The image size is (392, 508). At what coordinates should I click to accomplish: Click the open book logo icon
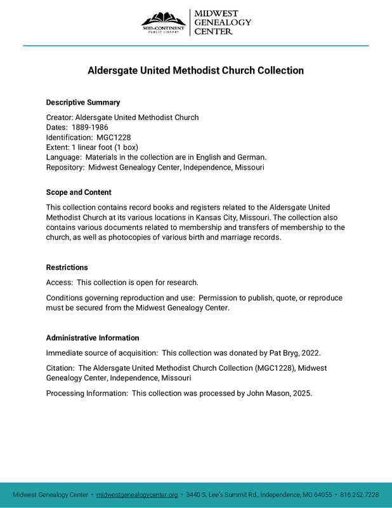pos(163,18)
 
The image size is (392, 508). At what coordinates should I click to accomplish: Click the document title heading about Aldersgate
pos(195,70)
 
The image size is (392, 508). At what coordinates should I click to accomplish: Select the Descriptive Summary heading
pos(83,102)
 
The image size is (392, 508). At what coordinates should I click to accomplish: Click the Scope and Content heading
pos(79,192)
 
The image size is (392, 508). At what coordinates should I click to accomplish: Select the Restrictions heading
pos(67,267)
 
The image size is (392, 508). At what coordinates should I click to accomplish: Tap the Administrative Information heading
pos(93,338)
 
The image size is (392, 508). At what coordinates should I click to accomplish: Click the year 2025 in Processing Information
pos(302,393)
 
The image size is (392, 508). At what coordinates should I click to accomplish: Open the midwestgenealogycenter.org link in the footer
pos(137,495)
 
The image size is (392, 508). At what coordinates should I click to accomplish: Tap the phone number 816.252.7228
pos(359,495)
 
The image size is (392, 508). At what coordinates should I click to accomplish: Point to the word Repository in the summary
pos(65,168)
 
